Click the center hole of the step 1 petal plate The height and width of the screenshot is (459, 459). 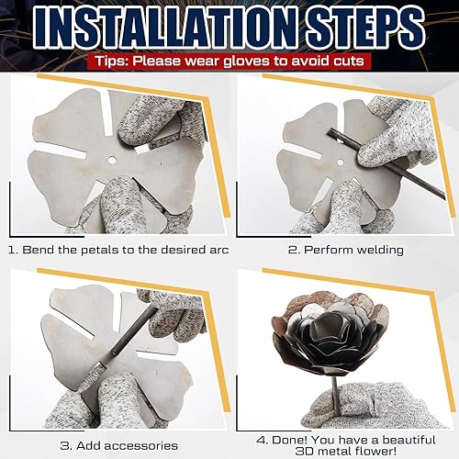coord(111,159)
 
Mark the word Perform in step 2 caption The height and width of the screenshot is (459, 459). coord(317,248)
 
